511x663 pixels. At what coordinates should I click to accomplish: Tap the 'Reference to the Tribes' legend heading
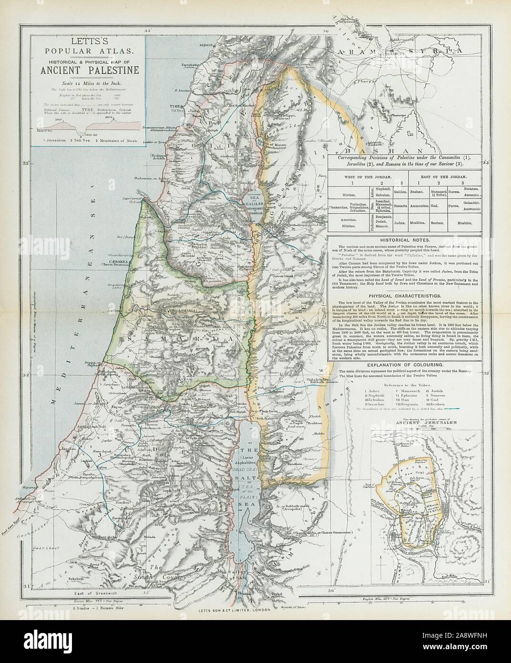pyautogui.click(x=410, y=383)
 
